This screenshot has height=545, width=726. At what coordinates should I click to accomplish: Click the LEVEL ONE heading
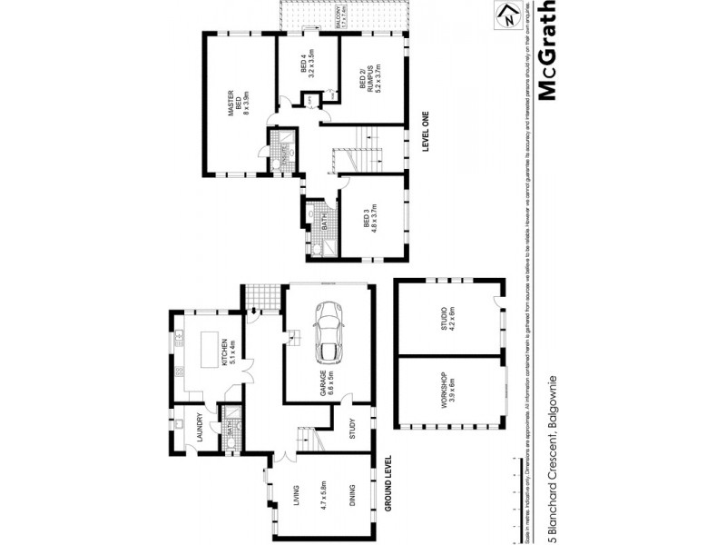425,134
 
